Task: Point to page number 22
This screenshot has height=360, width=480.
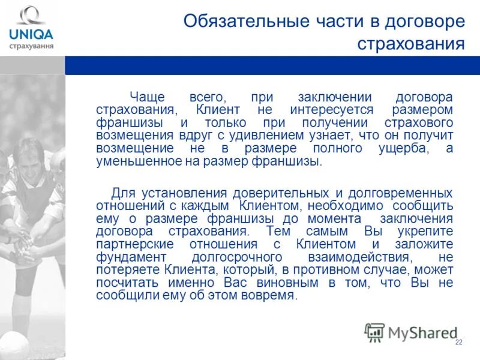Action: (459, 342)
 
